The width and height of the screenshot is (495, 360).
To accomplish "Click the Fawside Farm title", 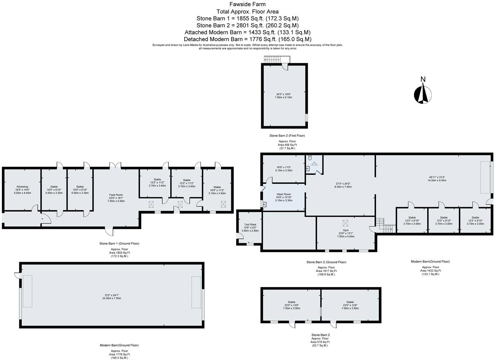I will pyautogui.click(x=247, y=4).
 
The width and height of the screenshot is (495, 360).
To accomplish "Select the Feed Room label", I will pyautogui.click(x=116, y=195).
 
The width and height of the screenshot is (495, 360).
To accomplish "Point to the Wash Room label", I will pyautogui.click(x=284, y=194).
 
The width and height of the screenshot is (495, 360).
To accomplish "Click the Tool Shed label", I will pyautogui.click(x=250, y=224).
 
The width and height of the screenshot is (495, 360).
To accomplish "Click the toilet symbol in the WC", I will pyautogui.click(x=310, y=158).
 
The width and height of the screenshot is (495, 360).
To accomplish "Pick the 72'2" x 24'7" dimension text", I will pyautogui.click(x=112, y=295).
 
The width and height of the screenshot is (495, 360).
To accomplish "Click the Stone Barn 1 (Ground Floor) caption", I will pyautogui.click(x=119, y=243).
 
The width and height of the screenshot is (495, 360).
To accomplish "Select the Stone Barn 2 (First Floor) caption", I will pyautogui.click(x=287, y=136).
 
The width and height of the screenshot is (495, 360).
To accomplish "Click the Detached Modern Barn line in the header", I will pyautogui.click(x=247, y=39).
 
